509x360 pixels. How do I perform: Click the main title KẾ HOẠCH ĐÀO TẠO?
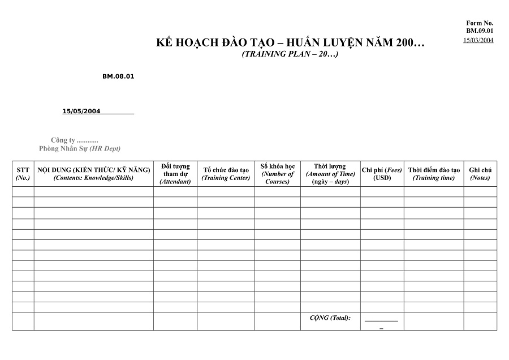290,43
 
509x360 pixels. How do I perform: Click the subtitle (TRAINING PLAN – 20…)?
290,54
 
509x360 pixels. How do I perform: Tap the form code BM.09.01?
480,31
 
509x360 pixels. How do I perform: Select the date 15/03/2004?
478,40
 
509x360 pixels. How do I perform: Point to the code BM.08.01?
118,76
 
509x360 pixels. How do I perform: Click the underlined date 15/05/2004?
81,112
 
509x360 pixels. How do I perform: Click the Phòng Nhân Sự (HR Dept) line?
80,149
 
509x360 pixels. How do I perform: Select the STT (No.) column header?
23,174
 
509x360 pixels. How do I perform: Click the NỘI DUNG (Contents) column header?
93,174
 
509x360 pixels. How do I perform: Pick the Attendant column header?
175,174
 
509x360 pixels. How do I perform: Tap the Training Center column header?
226,174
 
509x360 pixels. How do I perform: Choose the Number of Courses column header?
277,174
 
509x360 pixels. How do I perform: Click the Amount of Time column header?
330,174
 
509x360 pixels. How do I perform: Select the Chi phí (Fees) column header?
382,174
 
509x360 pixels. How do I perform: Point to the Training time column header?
434,174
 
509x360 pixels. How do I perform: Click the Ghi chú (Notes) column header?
480,174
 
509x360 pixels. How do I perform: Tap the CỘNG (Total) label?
330,318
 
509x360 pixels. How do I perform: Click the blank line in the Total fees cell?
381,320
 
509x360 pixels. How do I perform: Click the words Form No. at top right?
480,23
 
